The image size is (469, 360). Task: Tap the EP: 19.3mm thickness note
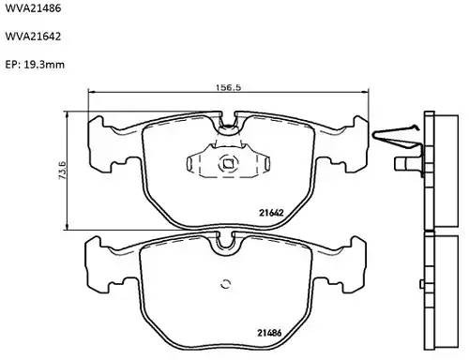point(36,66)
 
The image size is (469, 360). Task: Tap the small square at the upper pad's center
point(227,168)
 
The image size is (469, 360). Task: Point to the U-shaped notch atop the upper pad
point(227,120)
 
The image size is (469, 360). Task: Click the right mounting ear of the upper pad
point(352,136)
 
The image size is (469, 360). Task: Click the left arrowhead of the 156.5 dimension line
point(90,92)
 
